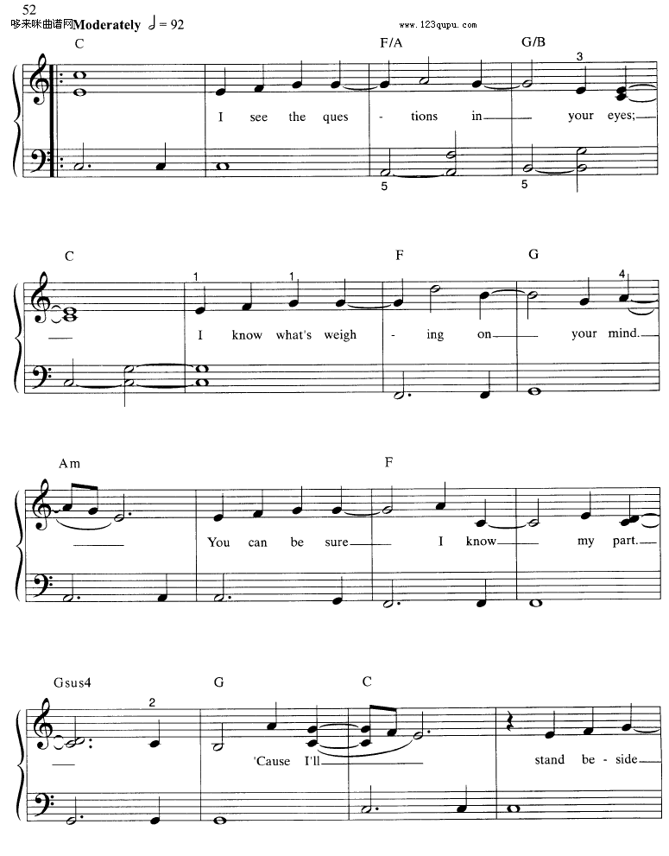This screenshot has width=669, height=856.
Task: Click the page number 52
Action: coord(29,10)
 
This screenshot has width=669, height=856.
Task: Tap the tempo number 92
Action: coord(176,25)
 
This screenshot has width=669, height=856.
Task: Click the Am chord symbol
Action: coord(70,464)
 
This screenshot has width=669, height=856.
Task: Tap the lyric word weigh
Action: coord(340,334)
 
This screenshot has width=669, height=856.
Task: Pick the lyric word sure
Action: coord(337,542)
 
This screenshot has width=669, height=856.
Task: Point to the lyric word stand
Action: coord(550,760)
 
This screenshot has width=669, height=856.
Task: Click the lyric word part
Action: coord(622,542)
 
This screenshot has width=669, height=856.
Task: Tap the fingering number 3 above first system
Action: coord(580,57)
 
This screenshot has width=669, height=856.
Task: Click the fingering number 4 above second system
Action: coord(622,274)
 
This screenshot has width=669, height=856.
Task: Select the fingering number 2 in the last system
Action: coord(151,702)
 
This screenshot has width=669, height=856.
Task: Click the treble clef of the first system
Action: coord(40,80)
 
